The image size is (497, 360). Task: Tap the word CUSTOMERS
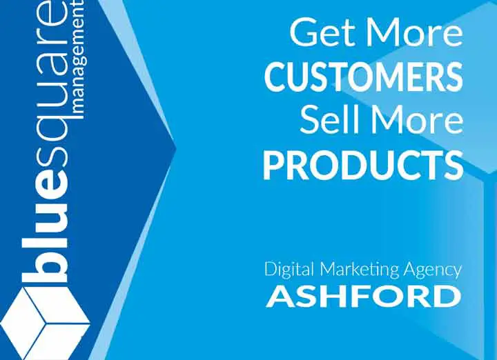pyautogui.click(x=363, y=77)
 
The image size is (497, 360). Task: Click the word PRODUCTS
pyautogui.click(x=363, y=165)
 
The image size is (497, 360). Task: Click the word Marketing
pyautogui.click(x=359, y=270)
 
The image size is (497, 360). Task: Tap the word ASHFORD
pyautogui.click(x=363, y=297)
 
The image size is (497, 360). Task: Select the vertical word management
pyautogui.click(x=78, y=59)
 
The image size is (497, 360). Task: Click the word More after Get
pyautogui.click(x=415, y=33)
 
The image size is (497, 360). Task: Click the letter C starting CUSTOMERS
pyautogui.click(x=275, y=77)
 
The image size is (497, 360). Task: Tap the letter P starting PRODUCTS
pyautogui.click(x=273, y=165)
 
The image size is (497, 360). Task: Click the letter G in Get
pyautogui.click(x=304, y=32)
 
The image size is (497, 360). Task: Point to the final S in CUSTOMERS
pyautogui.click(x=452, y=77)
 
